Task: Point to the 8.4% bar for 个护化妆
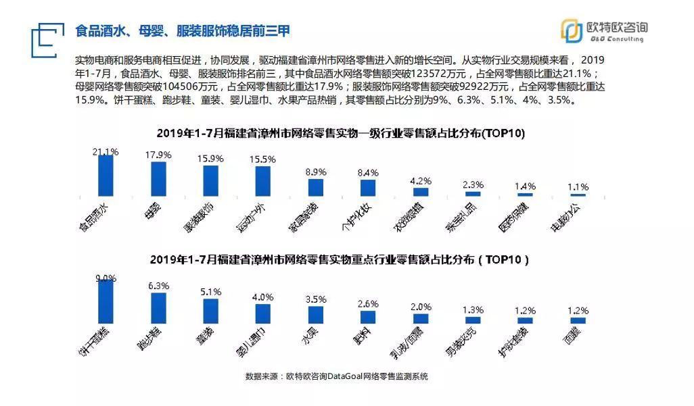pos(368,188)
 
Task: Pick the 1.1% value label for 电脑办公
pos(577,186)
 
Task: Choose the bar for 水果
pos(315,315)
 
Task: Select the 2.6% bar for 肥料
pos(368,317)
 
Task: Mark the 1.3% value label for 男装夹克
pos(472,309)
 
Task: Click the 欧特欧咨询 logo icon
pos(572,31)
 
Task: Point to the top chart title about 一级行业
pos(341,134)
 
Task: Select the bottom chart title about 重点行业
pos(339,259)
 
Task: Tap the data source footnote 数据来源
pos(336,376)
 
